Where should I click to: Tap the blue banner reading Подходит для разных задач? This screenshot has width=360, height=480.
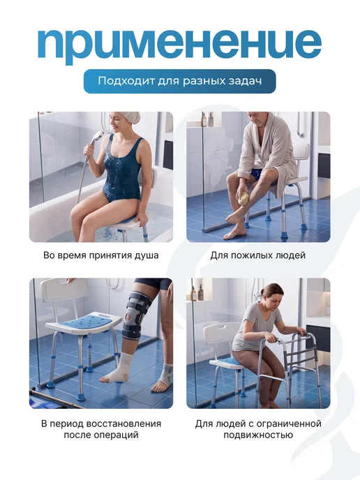(x=180, y=81)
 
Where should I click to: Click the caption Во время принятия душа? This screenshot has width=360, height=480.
(x=101, y=255)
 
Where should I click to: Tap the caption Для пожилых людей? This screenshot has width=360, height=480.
(x=258, y=255)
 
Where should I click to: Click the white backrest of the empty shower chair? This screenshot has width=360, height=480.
(x=63, y=290)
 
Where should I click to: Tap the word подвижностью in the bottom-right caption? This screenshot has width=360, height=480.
(x=258, y=435)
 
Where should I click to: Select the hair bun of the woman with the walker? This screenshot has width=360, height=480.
(x=262, y=291)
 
